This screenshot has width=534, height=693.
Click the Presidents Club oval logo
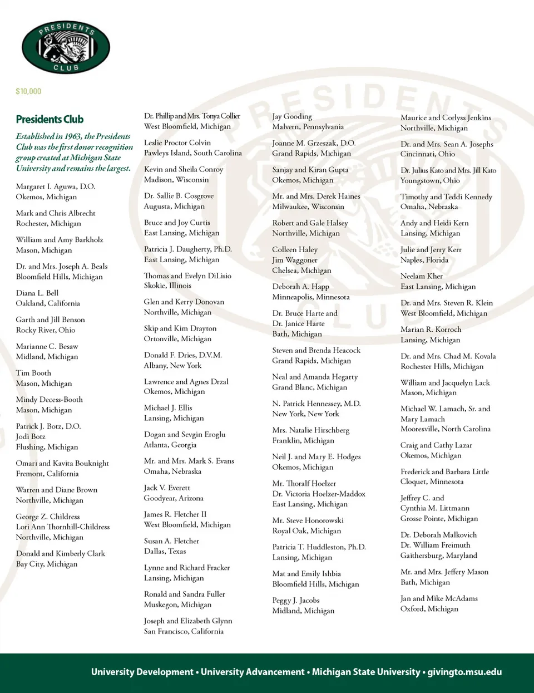tap(66, 47)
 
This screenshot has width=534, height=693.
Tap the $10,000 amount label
tap(28, 91)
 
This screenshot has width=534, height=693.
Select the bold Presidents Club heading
tap(50, 119)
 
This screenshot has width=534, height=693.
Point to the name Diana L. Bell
tap(37, 293)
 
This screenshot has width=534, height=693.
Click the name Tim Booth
tap(33, 373)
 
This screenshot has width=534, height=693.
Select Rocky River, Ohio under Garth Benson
tap(46, 330)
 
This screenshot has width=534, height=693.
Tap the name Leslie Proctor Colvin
tap(177, 142)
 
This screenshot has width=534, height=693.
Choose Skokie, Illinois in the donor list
tap(167, 286)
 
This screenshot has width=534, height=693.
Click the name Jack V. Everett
tap(167, 488)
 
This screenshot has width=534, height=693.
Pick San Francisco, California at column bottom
tap(184, 631)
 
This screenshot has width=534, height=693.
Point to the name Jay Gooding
tap(292, 116)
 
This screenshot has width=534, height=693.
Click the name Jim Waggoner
tap(295, 260)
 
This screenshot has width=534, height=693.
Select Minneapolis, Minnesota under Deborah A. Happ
tap(311, 297)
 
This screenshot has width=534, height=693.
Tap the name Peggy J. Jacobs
tap(296, 600)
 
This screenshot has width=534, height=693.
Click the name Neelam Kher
tap(422, 276)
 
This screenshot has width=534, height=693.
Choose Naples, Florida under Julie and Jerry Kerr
tap(424, 260)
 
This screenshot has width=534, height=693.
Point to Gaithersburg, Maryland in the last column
tap(439, 556)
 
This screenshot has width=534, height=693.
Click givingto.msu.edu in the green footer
tap(464, 672)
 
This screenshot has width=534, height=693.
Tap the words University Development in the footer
tap(142, 672)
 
